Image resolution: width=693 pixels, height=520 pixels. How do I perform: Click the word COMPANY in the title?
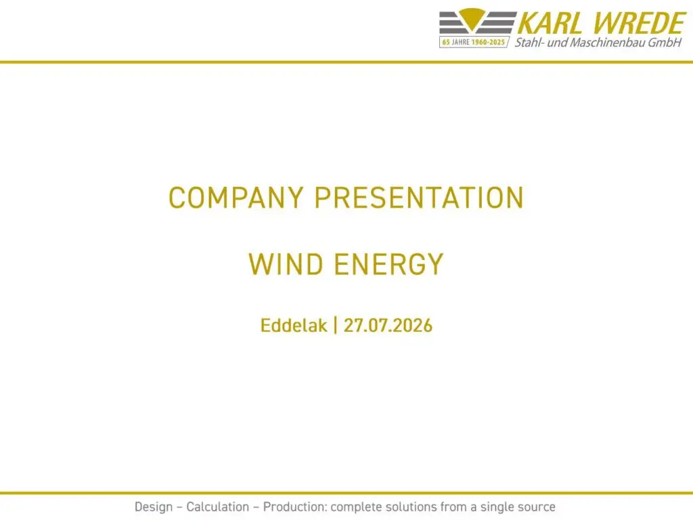click(x=236, y=198)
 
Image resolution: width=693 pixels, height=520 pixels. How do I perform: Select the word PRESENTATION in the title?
click(x=419, y=198)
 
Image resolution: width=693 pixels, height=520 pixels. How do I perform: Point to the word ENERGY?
click(x=389, y=265)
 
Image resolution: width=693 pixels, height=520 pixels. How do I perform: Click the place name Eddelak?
click(x=294, y=326)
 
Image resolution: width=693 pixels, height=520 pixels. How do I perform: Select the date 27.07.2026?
click(x=388, y=326)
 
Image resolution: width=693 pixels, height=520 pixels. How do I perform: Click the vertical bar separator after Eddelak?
click(x=336, y=326)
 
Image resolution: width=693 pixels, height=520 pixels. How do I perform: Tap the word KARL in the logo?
click(x=550, y=23)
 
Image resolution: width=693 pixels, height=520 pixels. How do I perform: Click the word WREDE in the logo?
click(x=639, y=23)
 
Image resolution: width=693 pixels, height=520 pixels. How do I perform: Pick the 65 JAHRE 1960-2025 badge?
click(x=474, y=42)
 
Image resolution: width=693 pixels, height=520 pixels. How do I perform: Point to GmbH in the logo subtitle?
click(x=665, y=43)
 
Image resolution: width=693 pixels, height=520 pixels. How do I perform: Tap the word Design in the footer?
click(x=154, y=507)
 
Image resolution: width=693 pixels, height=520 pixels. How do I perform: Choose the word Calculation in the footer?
click(x=217, y=506)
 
